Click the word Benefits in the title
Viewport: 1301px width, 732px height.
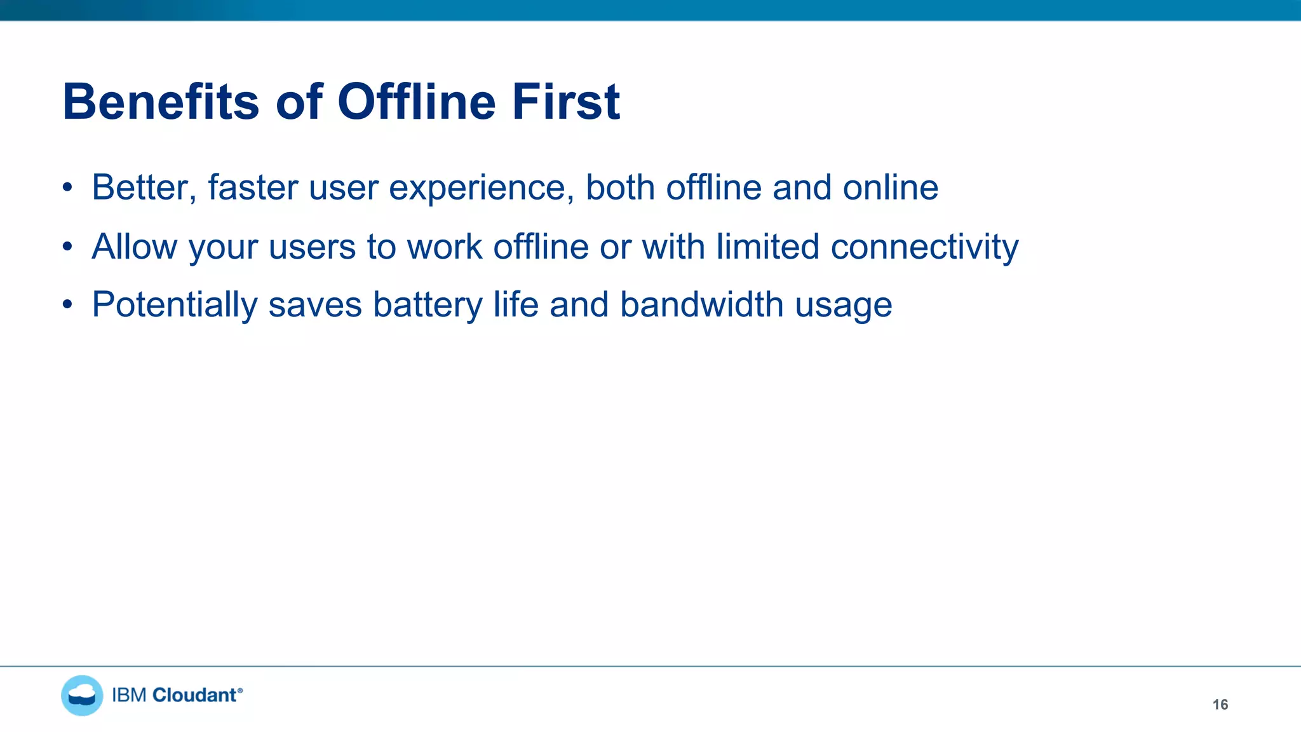[161, 102]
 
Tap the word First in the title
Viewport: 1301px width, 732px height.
[565, 102]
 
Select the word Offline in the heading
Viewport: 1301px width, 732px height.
[416, 102]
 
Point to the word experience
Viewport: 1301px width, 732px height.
[482, 189]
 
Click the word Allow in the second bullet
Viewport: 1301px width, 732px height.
[134, 247]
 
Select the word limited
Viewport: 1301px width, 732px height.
[767, 247]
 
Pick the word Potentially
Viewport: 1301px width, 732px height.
[175, 305]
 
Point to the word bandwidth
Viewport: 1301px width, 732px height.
[702, 304]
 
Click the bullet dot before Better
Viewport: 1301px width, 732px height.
[67, 188]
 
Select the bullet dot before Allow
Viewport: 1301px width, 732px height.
[67, 247]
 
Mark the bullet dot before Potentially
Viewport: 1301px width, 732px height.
[67, 305]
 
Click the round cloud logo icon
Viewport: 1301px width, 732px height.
[82, 695]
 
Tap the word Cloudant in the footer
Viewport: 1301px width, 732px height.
[195, 695]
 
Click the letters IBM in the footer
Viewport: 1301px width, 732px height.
[130, 695]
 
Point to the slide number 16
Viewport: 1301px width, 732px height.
[1220, 704]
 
